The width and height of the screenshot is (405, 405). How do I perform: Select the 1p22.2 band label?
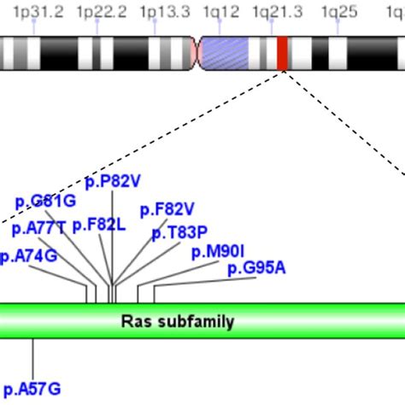tap(101, 11)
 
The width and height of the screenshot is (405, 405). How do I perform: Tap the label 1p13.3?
tap(165, 11)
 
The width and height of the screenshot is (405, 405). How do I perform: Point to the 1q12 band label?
tap(221, 11)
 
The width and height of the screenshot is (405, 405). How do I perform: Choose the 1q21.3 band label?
tap(278, 11)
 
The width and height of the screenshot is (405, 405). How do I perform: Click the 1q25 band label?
tap(338, 11)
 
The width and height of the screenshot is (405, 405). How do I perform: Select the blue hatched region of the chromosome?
tap(234, 54)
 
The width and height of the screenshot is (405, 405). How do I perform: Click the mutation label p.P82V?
tap(113, 180)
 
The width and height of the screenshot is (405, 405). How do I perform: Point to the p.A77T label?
tap(38, 228)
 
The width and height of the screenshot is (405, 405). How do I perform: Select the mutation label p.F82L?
tap(99, 225)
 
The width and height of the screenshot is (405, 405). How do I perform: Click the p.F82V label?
tap(167, 209)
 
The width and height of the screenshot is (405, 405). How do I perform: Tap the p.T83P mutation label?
tap(179, 232)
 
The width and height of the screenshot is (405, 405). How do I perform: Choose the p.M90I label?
tap(218, 251)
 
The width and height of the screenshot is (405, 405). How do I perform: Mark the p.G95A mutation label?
tap(256, 268)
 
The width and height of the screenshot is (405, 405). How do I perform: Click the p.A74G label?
tap(29, 255)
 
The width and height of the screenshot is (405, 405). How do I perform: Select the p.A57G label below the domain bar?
tap(32, 389)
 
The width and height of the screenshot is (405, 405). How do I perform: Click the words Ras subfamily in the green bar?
tap(178, 321)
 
